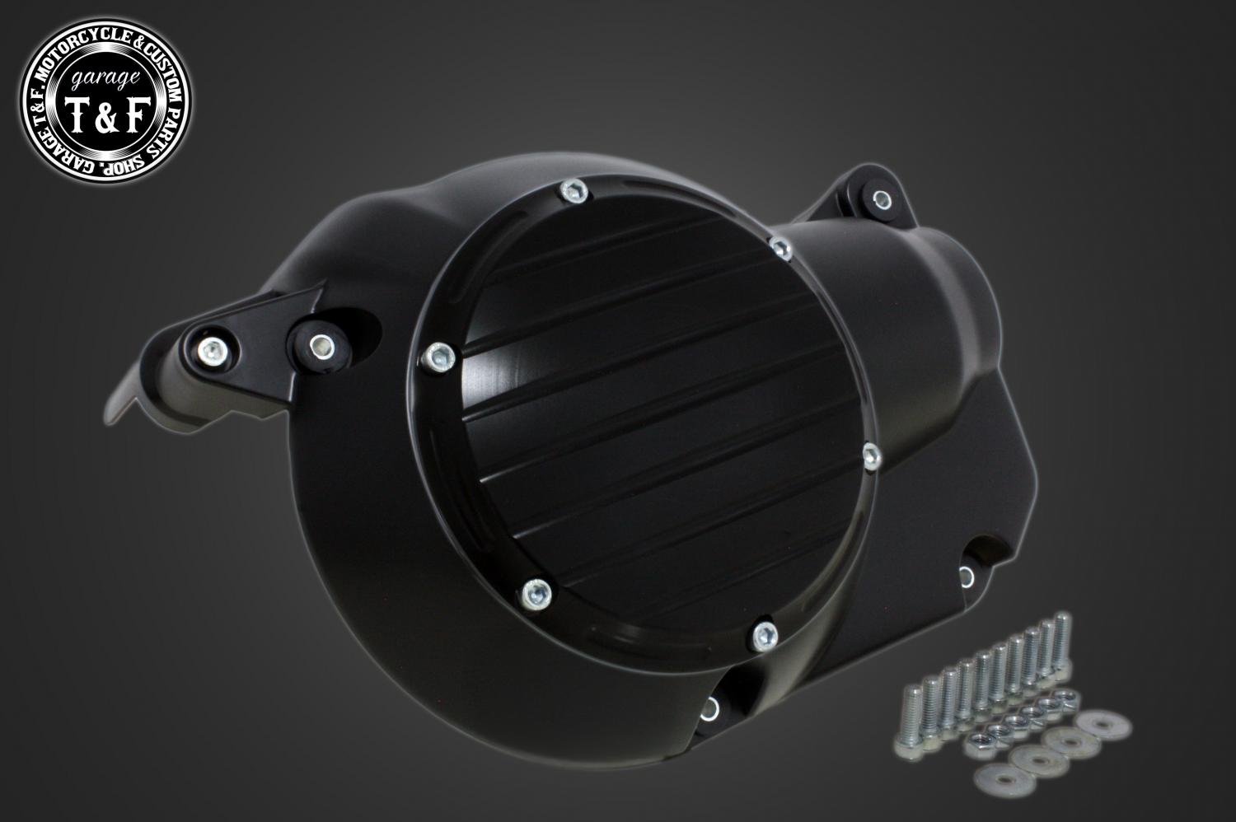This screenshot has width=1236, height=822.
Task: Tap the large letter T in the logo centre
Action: coord(77,115)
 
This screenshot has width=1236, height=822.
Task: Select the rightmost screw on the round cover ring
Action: coord(871,455)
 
